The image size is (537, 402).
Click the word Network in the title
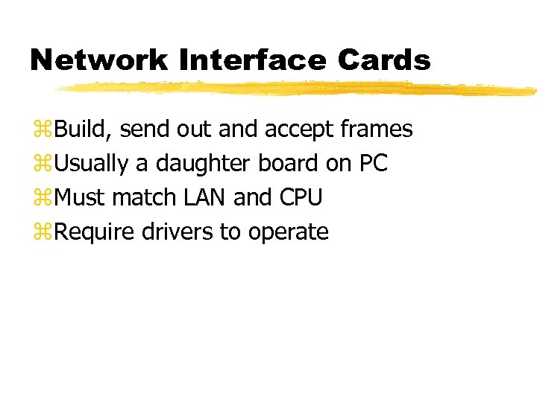coord(100,60)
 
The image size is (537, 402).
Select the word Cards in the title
coord(393,60)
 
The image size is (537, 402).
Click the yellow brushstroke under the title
coord(298,89)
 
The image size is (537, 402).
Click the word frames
coord(376,130)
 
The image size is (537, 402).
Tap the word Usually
coord(92,164)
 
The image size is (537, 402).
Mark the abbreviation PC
coord(373,164)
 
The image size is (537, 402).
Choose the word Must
coord(81,198)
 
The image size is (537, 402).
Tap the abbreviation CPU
coord(301,198)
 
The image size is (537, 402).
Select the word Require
coord(95,233)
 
